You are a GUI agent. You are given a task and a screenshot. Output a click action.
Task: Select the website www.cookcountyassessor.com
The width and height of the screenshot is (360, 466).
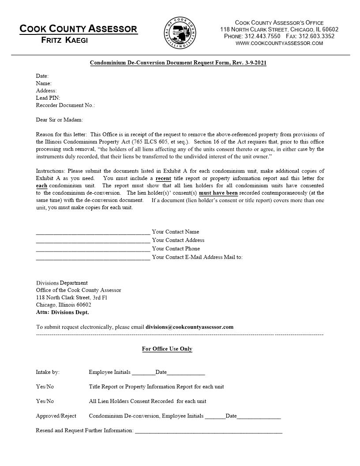[x=279, y=43]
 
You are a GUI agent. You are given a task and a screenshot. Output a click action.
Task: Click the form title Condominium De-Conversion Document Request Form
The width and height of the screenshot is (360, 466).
[x=178, y=63]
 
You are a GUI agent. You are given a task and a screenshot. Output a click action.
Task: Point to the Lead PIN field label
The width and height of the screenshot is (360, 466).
[x=48, y=98]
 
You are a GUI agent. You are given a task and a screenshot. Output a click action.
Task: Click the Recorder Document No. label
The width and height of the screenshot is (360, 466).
[x=65, y=105]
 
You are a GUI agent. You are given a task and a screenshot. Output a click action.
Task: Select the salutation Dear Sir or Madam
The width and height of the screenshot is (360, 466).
[x=59, y=120]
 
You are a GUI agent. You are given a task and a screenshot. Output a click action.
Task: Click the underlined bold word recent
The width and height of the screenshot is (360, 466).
[x=163, y=178]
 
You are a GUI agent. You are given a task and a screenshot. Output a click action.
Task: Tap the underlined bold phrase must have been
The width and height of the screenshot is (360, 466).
[x=218, y=193]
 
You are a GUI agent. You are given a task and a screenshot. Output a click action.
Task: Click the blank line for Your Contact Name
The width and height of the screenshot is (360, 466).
[x=93, y=233]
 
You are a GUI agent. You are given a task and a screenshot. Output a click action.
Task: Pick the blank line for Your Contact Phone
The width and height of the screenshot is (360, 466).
[x=93, y=250]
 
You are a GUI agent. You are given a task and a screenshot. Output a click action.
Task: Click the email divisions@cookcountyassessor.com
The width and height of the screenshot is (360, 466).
[x=189, y=327]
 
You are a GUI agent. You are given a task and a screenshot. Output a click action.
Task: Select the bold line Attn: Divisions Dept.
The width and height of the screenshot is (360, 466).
[x=62, y=312]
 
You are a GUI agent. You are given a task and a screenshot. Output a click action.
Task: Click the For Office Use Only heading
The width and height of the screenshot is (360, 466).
[x=167, y=349]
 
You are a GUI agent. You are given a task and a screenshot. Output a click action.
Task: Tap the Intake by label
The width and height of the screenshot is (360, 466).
[x=48, y=372]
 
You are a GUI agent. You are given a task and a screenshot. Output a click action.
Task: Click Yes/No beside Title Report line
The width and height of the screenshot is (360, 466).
[x=45, y=387]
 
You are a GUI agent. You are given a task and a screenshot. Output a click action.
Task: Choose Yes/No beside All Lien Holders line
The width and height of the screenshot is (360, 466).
[x=45, y=401]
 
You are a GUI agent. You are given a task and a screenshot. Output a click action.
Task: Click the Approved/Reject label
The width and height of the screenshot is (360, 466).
[x=56, y=416]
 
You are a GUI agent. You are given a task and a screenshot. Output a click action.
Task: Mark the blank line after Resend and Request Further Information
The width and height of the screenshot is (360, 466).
[x=208, y=432]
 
